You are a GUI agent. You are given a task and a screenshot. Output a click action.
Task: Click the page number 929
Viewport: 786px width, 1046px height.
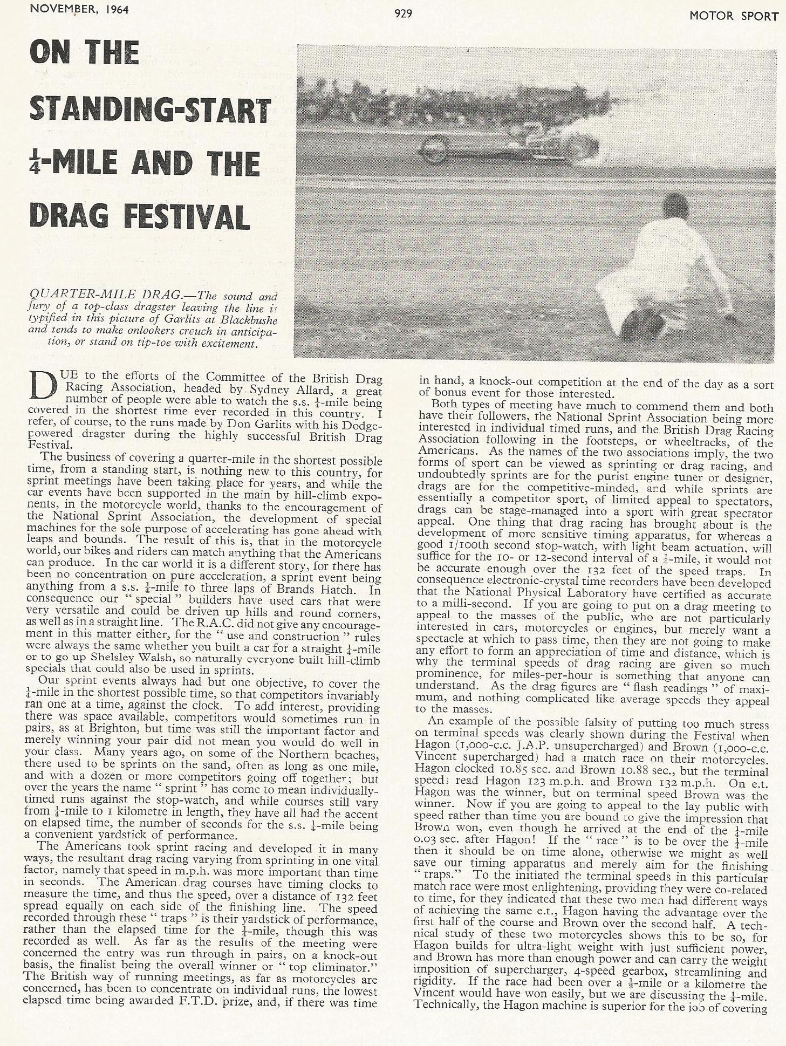(404, 14)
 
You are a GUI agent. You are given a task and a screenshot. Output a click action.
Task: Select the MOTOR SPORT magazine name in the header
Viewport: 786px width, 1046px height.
(734, 16)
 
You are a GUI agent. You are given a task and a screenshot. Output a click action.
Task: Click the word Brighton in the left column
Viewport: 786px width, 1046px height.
(83, 732)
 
